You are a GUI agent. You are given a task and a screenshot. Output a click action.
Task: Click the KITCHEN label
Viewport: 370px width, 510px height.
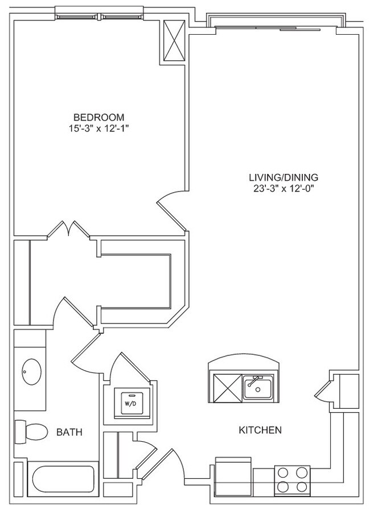[x=260, y=430]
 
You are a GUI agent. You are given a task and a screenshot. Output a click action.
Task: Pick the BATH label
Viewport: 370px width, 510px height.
[x=69, y=433]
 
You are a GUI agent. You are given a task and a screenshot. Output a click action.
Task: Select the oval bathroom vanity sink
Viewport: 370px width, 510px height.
[x=31, y=373]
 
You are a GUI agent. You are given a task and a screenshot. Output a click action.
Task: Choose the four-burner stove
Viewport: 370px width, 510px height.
[x=292, y=479]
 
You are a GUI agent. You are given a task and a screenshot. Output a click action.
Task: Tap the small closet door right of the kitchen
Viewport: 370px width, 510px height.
[x=323, y=391]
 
